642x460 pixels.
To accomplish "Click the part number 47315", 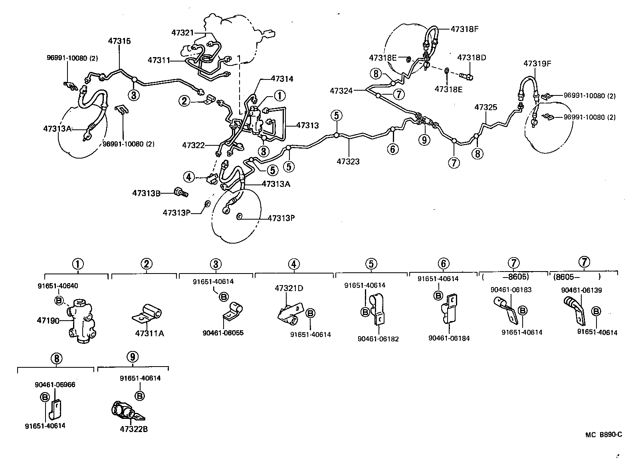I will click(x=119, y=41).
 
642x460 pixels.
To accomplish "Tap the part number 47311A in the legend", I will click(x=150, y=333).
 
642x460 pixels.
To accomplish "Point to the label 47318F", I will click(x=465, y=29).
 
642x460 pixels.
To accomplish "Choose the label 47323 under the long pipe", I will click(x=348, y=161).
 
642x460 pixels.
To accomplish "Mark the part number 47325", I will click(x=485, y=107).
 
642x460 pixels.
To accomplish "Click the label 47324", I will click(x=341, y=91).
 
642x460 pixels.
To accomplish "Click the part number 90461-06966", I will click(x=55, y=385).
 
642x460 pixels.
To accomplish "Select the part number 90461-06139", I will click(x=581, y=290).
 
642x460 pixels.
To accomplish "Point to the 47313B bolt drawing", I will click(x=181, y=194).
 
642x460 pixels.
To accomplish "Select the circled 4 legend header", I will click(x=293, y=264).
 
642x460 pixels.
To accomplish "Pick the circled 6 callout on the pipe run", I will click(x=393, y=149).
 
